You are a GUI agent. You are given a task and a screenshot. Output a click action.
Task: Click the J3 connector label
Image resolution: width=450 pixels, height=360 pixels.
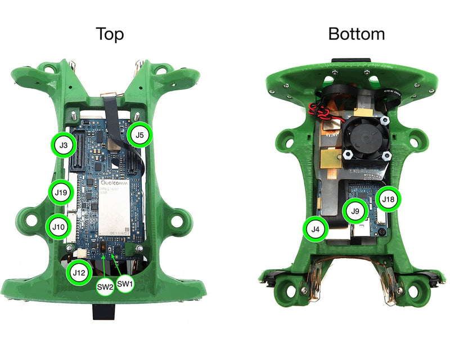click(64, 145)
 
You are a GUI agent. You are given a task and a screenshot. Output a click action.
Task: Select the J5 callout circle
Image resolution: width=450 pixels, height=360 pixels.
click(139, 134)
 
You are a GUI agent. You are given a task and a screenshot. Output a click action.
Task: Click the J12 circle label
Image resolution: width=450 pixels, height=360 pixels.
click(79, 273)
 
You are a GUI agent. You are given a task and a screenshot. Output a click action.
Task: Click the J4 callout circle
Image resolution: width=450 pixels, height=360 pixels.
click(316, 229)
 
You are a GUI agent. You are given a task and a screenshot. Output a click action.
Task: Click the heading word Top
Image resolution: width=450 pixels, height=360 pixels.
click(110, 34)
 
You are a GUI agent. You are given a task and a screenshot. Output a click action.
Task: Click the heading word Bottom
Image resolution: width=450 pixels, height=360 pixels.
click(357, 34)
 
